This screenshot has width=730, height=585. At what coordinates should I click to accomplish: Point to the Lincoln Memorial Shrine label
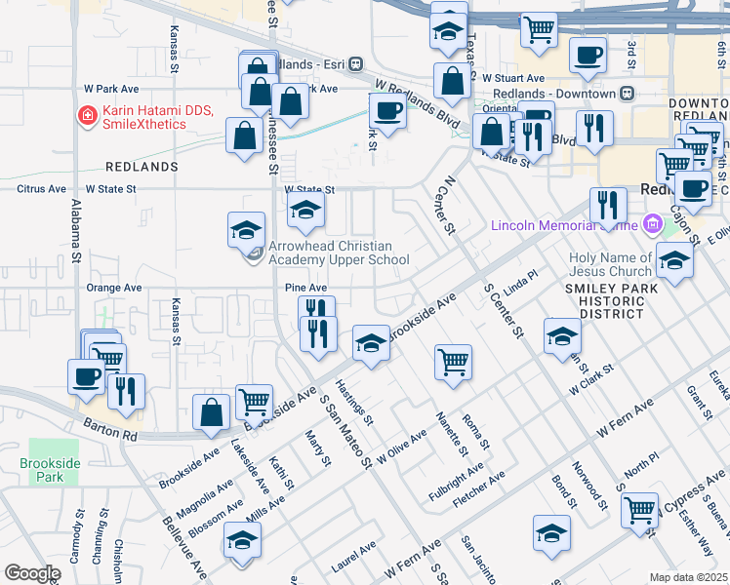(x=563, y=226)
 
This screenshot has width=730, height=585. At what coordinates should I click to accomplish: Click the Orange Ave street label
(x=114, y=288)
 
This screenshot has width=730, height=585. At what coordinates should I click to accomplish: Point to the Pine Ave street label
(x=305, y=288)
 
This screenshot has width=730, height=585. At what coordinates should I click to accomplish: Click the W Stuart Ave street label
(x=507, y=78)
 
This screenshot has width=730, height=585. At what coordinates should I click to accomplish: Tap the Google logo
(x=32, y=573)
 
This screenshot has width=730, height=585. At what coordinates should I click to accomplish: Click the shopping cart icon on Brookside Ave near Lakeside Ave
(x=254, y=401)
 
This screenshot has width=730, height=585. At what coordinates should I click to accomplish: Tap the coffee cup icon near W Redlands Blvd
(x=387, y=111)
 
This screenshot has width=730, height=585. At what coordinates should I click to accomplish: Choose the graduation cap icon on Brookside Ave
(x=370, y=342)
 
